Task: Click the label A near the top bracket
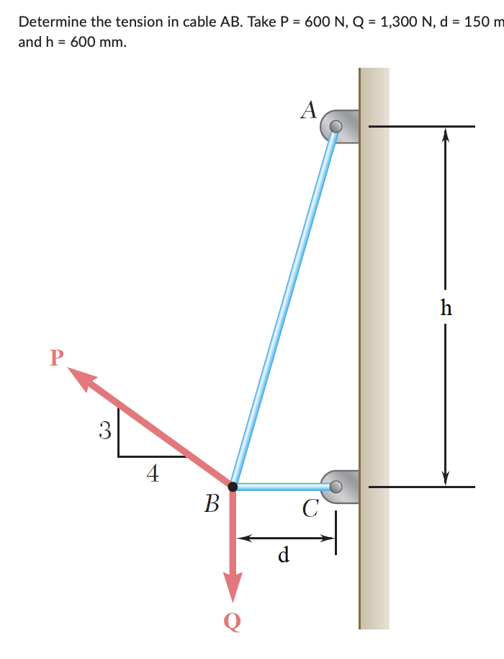coord(310,109)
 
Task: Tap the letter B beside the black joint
coord(211,503)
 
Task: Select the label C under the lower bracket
coord(310,510)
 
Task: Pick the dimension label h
coord(446,308)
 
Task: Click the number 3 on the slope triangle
coord(105,431)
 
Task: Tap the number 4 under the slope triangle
coord(152,473)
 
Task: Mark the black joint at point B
coord(233,487)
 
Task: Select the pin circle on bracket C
coord(336,487)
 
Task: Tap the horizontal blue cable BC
coord(281,487)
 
